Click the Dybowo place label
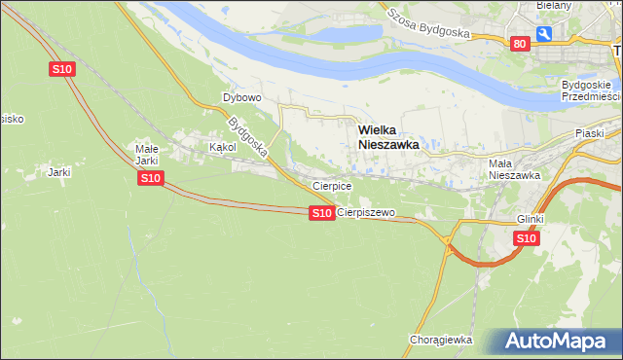(242, 98)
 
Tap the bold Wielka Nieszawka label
(388, 135)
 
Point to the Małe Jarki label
(146, 155)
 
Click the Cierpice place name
(331, 185)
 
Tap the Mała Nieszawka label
(513, 169)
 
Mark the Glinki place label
(530, 220)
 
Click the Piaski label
(590, 133)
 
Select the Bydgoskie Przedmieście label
(591, 90)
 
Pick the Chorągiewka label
(441, 340)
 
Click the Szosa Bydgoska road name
(427, 21)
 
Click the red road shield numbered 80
(519, 43)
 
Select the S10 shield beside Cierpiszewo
(321, 212)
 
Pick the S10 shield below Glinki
(526, 238)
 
